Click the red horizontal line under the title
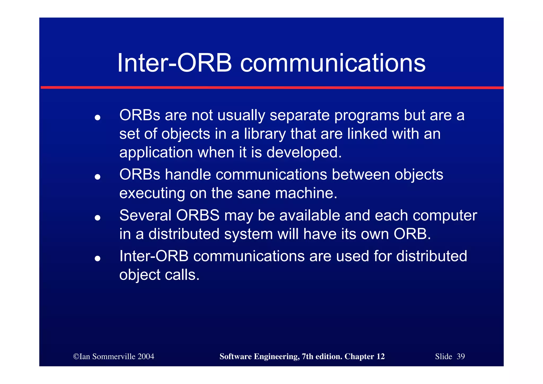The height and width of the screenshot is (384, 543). [272, 87]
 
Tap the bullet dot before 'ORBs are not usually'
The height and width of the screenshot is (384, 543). [98, 117]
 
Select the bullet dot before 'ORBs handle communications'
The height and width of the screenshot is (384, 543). [98, 176]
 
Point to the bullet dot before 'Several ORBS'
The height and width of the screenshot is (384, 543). [98, 218]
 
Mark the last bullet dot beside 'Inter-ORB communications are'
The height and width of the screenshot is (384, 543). [98, 258]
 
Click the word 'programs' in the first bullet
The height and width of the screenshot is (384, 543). [366, 116]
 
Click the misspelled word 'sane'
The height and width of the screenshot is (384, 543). [253, 193]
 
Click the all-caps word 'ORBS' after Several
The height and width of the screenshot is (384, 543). [198, 215]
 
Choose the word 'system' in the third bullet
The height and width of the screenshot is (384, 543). [248, 234]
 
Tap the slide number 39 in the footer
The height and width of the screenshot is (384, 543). [461, 356]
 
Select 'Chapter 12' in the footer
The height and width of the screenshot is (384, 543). [364, 356]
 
